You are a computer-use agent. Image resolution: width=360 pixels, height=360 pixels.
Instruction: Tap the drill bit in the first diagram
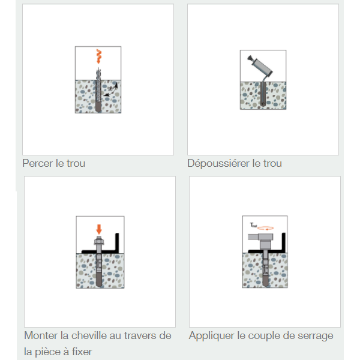pos(97,87)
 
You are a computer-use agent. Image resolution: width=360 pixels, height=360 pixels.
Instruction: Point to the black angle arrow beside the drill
pos(110,91)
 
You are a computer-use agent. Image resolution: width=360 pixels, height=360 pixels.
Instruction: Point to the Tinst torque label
pos(253,225)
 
